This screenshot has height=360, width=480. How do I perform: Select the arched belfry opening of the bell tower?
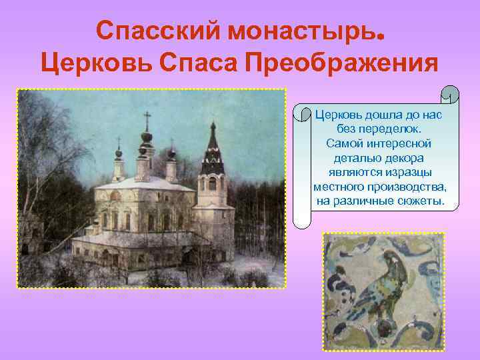(212, 183)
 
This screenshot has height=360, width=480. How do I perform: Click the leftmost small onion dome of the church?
(119, 155)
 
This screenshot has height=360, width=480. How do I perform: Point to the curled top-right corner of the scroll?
(451, 95)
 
